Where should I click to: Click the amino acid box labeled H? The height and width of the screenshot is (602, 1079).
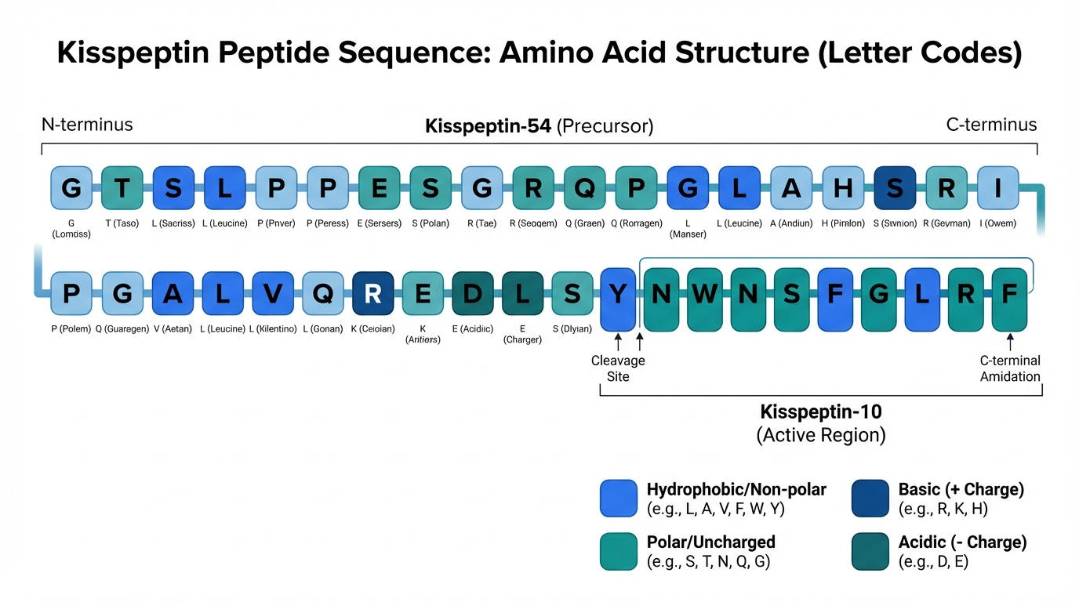point(843,188)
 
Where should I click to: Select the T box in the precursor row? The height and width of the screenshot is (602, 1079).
point(122,188)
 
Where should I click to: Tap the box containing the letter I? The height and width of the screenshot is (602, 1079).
point(997,188)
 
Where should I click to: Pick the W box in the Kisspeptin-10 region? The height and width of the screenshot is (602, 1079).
point(705,294)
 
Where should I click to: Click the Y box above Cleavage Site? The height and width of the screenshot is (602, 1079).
point(619,299)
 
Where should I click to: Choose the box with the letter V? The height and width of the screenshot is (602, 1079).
point(273,293)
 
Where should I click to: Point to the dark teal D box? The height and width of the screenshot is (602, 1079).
point(472,293)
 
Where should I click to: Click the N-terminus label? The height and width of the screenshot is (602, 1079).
point(87,125)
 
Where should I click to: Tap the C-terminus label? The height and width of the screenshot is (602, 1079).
point(991,125)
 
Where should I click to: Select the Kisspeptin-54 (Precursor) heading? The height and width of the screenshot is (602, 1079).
point(539,125)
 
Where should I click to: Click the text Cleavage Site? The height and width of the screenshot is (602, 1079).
point(618,368)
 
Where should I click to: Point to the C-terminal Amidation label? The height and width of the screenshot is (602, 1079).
point(1010,368)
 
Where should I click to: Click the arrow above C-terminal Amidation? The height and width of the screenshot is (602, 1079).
point(1010,341)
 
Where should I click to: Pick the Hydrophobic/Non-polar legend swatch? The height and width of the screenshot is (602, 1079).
point(619,499)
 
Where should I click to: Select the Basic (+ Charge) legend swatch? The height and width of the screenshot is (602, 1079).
point(870,499)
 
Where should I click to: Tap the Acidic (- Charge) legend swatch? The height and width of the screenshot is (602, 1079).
point(870,550)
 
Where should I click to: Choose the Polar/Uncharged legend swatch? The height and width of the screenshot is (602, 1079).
point(619,550)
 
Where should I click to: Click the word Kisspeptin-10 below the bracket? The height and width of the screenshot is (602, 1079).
point(820,412)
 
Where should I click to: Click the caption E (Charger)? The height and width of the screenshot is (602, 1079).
point(522,334)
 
